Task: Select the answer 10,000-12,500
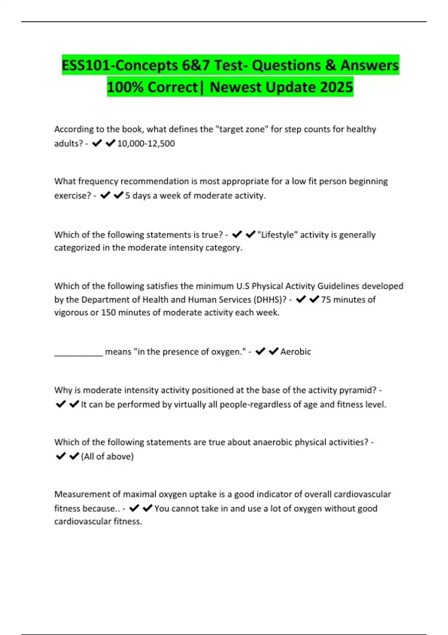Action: pyautogui.click(x=146, y=143)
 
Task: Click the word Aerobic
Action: pyautogui.click(x=295, y=351)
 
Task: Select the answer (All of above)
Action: pyautogui.click(x=107, y=456)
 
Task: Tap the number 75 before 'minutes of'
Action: pyautogui.click(x=326, y=300)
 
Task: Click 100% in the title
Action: pyautogui.click(x=125, y=87)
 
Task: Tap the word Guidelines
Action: pyautogui.click(x=338, y=286)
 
